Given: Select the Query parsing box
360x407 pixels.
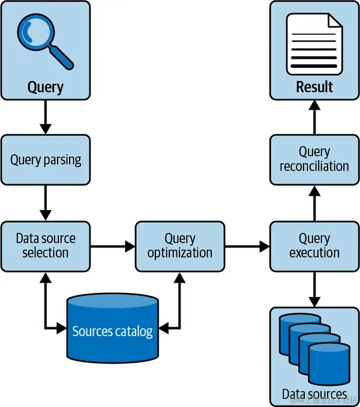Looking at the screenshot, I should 46,160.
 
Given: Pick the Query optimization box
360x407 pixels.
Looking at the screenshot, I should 180,245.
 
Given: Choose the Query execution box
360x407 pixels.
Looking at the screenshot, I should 314,245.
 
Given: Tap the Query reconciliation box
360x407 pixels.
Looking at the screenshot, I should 314,159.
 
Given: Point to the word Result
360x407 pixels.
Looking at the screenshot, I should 314,86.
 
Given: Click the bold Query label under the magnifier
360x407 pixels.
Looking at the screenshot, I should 46,87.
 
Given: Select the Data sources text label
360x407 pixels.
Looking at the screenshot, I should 314,394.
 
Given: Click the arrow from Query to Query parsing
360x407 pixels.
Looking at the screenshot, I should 46,117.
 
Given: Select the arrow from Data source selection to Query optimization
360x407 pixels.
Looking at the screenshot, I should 113,246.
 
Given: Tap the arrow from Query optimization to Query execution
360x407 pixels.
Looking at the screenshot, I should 247,246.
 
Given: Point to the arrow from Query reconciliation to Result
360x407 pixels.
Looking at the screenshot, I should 314,117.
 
